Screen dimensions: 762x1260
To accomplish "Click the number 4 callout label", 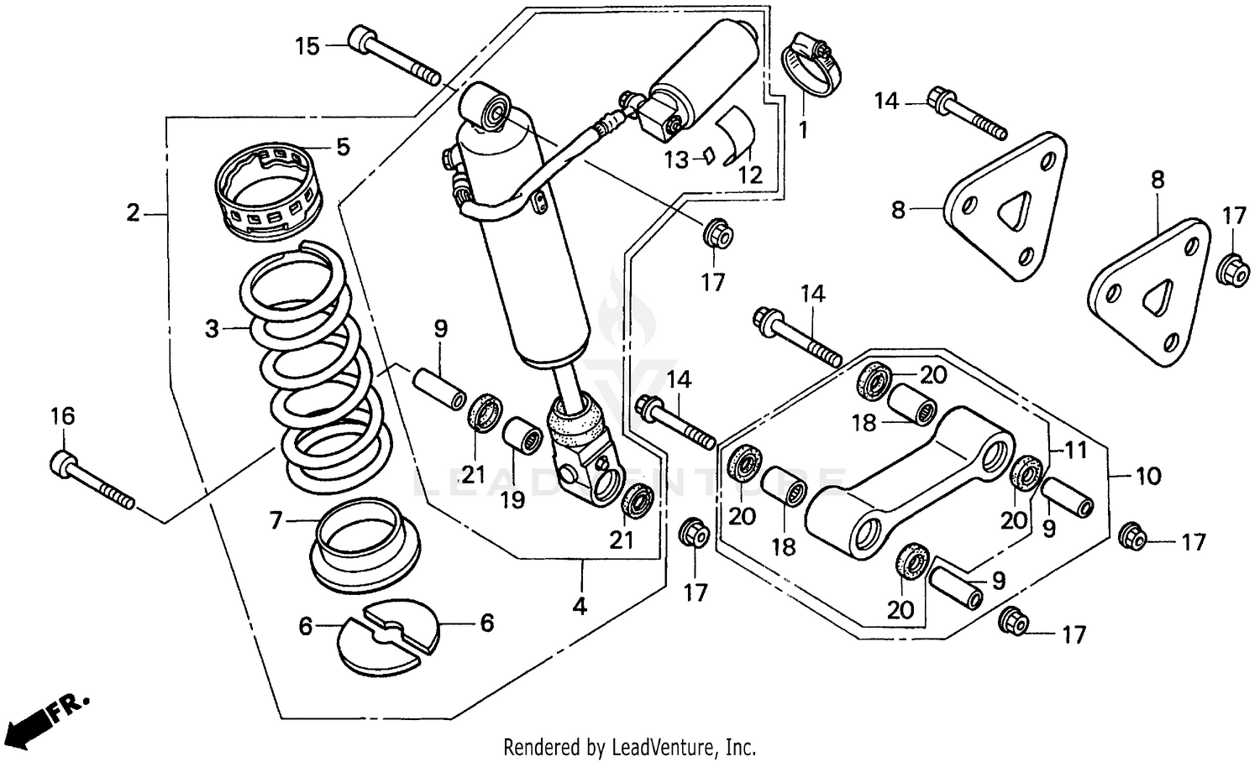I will (580, 605).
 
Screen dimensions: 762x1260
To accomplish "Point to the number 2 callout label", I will (133, 213).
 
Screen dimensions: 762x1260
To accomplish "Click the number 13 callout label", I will (677, 159).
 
